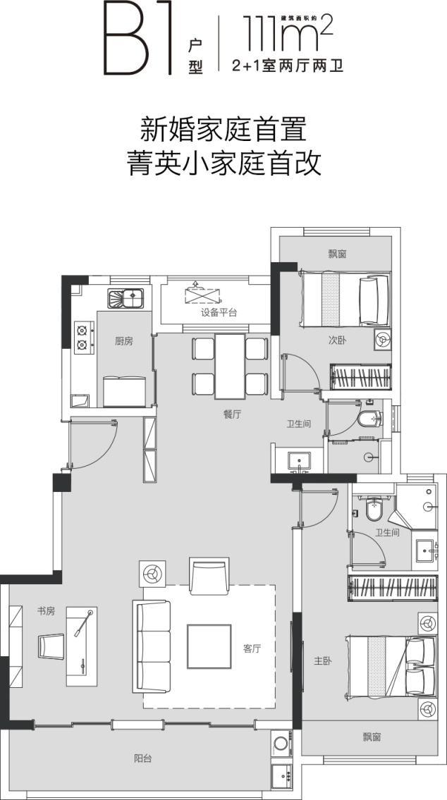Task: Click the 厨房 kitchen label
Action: click(124, 341)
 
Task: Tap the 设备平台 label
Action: click(219, 313)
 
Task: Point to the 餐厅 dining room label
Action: click(232, 414)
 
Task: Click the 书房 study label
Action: click(46, 610)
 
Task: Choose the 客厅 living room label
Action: click(252, 649)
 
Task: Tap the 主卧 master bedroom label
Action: click(322, 661)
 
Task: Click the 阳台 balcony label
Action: click(143, 758)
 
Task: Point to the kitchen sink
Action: click(125, 298)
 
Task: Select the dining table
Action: click(230, 366)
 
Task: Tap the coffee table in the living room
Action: click(209, 646)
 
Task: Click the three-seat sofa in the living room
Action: click(152, 646)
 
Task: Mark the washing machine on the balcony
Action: click(282, 744)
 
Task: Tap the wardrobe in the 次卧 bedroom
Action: click(361, 377)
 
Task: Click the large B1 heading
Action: click(137, 38)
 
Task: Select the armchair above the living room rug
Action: click(209, 576)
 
